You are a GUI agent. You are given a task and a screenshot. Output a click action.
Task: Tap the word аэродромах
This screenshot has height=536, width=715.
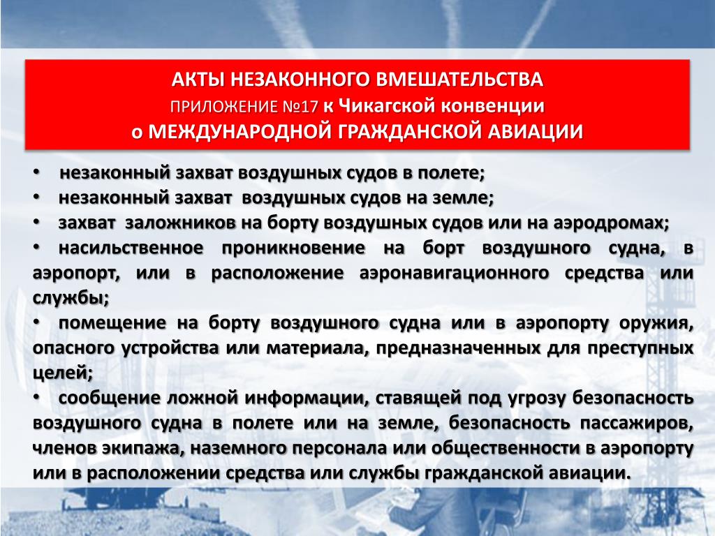tap(611, 223)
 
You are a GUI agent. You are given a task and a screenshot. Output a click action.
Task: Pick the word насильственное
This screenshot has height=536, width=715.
tap(131, 248)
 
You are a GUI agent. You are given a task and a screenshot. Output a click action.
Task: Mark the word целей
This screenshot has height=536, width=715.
tap(63, 373)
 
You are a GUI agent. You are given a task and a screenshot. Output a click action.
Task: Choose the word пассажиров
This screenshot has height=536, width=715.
tap(637, 423)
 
